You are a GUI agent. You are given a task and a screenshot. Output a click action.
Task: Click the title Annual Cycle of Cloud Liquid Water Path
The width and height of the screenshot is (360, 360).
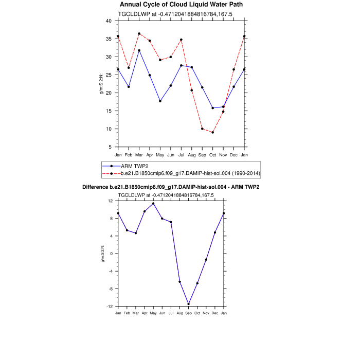point(181,5)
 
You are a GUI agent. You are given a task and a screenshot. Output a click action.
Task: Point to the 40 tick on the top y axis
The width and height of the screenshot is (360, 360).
point(109,21)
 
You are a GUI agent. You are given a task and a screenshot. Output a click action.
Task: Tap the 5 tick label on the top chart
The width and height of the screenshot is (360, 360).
point(110,147)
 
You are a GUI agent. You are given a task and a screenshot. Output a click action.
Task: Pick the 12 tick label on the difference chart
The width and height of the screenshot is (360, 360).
point(110,201)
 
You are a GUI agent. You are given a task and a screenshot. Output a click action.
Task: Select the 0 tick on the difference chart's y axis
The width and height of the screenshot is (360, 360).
point(111,254)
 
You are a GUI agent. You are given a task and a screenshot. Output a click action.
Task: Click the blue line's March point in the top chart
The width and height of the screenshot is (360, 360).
point(139,50)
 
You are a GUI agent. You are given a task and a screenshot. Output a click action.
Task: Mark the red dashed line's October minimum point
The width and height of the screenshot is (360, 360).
point(213,133)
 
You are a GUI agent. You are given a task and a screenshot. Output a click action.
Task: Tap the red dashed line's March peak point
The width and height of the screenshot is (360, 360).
point(139,34)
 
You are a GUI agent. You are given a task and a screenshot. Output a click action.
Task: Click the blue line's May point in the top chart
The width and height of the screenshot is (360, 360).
point(160,101)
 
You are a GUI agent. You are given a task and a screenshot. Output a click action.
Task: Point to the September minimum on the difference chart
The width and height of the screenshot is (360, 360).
point(189,304)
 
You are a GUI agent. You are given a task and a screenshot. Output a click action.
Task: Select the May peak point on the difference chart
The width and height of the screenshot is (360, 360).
point(153,204)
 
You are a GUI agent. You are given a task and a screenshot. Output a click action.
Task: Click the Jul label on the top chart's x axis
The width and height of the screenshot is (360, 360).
point(181,154)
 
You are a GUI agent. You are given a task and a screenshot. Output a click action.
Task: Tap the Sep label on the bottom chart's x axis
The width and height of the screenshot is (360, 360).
point(188,313)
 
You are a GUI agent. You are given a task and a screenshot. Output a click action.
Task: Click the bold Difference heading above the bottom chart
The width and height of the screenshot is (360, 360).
point(171,187)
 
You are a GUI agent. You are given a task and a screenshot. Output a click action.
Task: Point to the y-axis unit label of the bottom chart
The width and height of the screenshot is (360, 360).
point(102,254)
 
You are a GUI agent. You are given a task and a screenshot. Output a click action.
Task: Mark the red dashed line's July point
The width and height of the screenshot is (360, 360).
point(181,40)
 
